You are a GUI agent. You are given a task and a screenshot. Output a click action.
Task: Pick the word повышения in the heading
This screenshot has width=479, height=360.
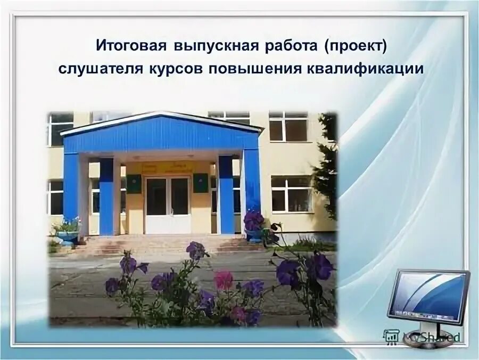point(255,70)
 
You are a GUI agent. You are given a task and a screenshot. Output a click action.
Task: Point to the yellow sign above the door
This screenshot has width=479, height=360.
point(168,167)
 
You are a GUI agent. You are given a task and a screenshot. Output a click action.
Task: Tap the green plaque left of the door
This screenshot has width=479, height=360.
point(134,183)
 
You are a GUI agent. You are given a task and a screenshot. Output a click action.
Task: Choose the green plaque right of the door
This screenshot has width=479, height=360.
point(200,183)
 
